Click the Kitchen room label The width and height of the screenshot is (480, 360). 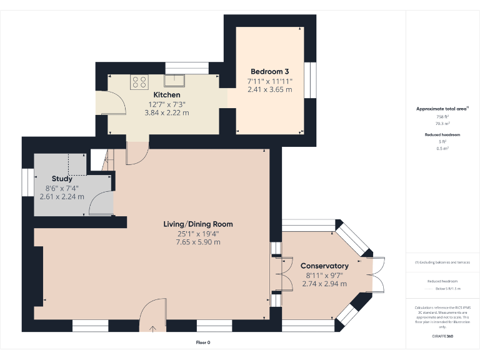coord(166,95)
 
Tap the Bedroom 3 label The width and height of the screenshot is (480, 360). coord(269,71)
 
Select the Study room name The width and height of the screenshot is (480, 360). coord(62,179)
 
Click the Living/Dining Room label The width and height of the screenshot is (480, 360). coord(197,224)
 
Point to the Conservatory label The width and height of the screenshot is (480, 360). coord(324,266)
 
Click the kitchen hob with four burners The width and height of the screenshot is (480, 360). coord(139,82)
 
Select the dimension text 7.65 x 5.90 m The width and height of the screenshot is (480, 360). coord(197,242)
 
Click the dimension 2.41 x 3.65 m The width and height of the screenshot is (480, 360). coord(269,89)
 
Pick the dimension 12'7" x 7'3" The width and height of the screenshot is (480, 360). coord(166,104)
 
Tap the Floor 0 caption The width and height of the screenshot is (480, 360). coord(203,342)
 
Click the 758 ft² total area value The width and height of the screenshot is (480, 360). coord(442,117)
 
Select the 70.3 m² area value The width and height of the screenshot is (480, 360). coord(442,124)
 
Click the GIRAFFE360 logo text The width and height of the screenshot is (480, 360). coord(442,337)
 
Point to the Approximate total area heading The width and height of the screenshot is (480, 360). coord(442,109)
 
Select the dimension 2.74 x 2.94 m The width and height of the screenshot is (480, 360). coord(324,284)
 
